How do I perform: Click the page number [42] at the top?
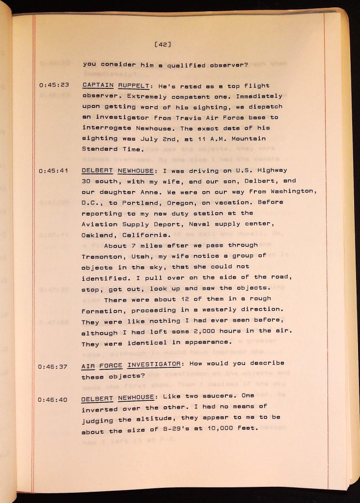pos(162,45)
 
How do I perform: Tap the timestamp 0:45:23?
pos(54,85)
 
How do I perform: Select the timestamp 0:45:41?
pos(54,171)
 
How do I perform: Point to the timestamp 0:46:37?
pos(53,366)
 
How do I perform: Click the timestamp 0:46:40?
pos(53,399)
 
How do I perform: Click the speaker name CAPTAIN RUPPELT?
pos(115,85)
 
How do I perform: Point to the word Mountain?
pos(249,139)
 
